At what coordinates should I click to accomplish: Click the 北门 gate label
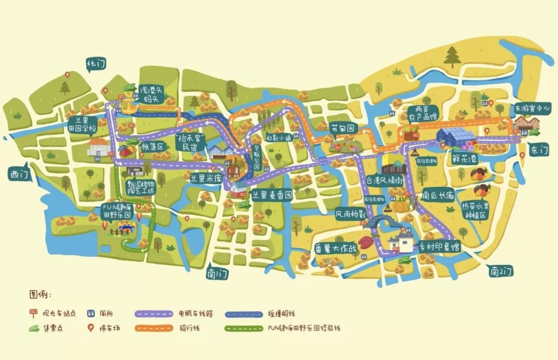[96, 65]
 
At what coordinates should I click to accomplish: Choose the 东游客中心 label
[532, 109]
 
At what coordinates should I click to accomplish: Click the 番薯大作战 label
[336, 248]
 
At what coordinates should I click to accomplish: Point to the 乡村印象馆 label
[440, 247]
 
